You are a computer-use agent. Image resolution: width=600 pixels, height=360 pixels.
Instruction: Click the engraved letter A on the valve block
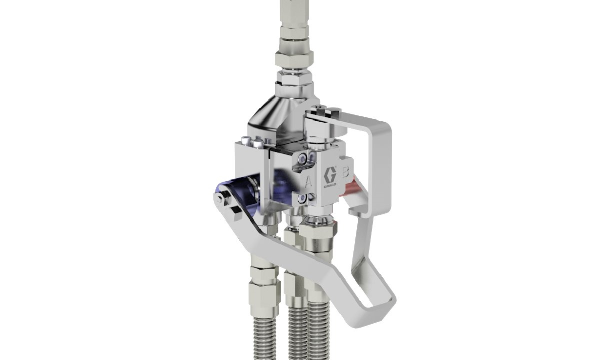tap(308, 182)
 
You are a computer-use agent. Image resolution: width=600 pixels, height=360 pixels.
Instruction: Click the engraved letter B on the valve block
tap(345, 172)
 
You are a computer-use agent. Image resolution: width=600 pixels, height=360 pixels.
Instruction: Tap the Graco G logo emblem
tap(330, 175)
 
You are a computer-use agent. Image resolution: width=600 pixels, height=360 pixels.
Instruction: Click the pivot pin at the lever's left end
tap(218, 198)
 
